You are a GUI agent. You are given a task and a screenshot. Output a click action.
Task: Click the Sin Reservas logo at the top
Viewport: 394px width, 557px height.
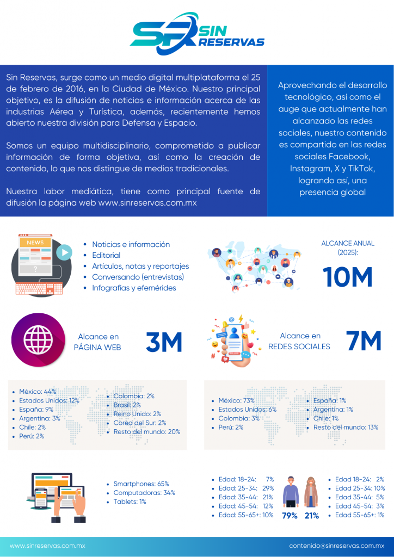point(196,34)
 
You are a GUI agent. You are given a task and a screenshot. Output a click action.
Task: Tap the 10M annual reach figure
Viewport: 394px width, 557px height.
point(348,277)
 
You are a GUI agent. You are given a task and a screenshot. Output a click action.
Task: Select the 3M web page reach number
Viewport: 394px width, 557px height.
point(164,342)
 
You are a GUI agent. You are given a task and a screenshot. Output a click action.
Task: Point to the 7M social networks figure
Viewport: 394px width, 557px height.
point(364,341)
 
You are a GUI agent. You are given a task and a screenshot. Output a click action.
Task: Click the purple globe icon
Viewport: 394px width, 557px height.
point(38,339)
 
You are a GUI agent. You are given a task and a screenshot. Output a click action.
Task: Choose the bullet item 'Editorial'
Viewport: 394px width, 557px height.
point(106,255)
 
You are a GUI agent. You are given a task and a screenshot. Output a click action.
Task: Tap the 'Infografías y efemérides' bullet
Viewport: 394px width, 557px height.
point(134,288)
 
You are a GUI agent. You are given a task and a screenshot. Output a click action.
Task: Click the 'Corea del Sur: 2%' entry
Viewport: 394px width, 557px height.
point(139,423)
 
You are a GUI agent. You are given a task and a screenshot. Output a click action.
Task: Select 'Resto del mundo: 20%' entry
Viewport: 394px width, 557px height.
point(146,432)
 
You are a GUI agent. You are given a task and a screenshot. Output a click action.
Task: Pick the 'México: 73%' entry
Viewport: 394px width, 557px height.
point(236,400)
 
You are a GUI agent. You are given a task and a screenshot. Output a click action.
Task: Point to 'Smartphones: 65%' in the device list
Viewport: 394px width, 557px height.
point(141,484)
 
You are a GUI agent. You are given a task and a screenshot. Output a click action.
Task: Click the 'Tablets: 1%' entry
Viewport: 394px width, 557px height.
point(130,502)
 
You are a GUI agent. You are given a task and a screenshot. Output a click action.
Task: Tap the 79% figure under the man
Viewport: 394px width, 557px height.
point(290,516)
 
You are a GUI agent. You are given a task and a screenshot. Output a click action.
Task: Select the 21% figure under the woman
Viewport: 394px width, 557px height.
point(312,516)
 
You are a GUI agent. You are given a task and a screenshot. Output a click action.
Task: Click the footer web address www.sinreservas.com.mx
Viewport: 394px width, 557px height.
point(48,546)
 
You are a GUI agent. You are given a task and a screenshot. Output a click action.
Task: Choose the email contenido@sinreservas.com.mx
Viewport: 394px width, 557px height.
point(336,546)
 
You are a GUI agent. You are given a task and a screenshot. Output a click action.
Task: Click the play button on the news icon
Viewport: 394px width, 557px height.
point(64,252)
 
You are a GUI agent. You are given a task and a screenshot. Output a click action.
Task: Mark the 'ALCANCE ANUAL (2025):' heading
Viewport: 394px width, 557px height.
point(348,247)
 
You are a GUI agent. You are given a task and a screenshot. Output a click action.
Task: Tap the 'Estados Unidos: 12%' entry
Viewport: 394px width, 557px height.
point(49,400)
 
